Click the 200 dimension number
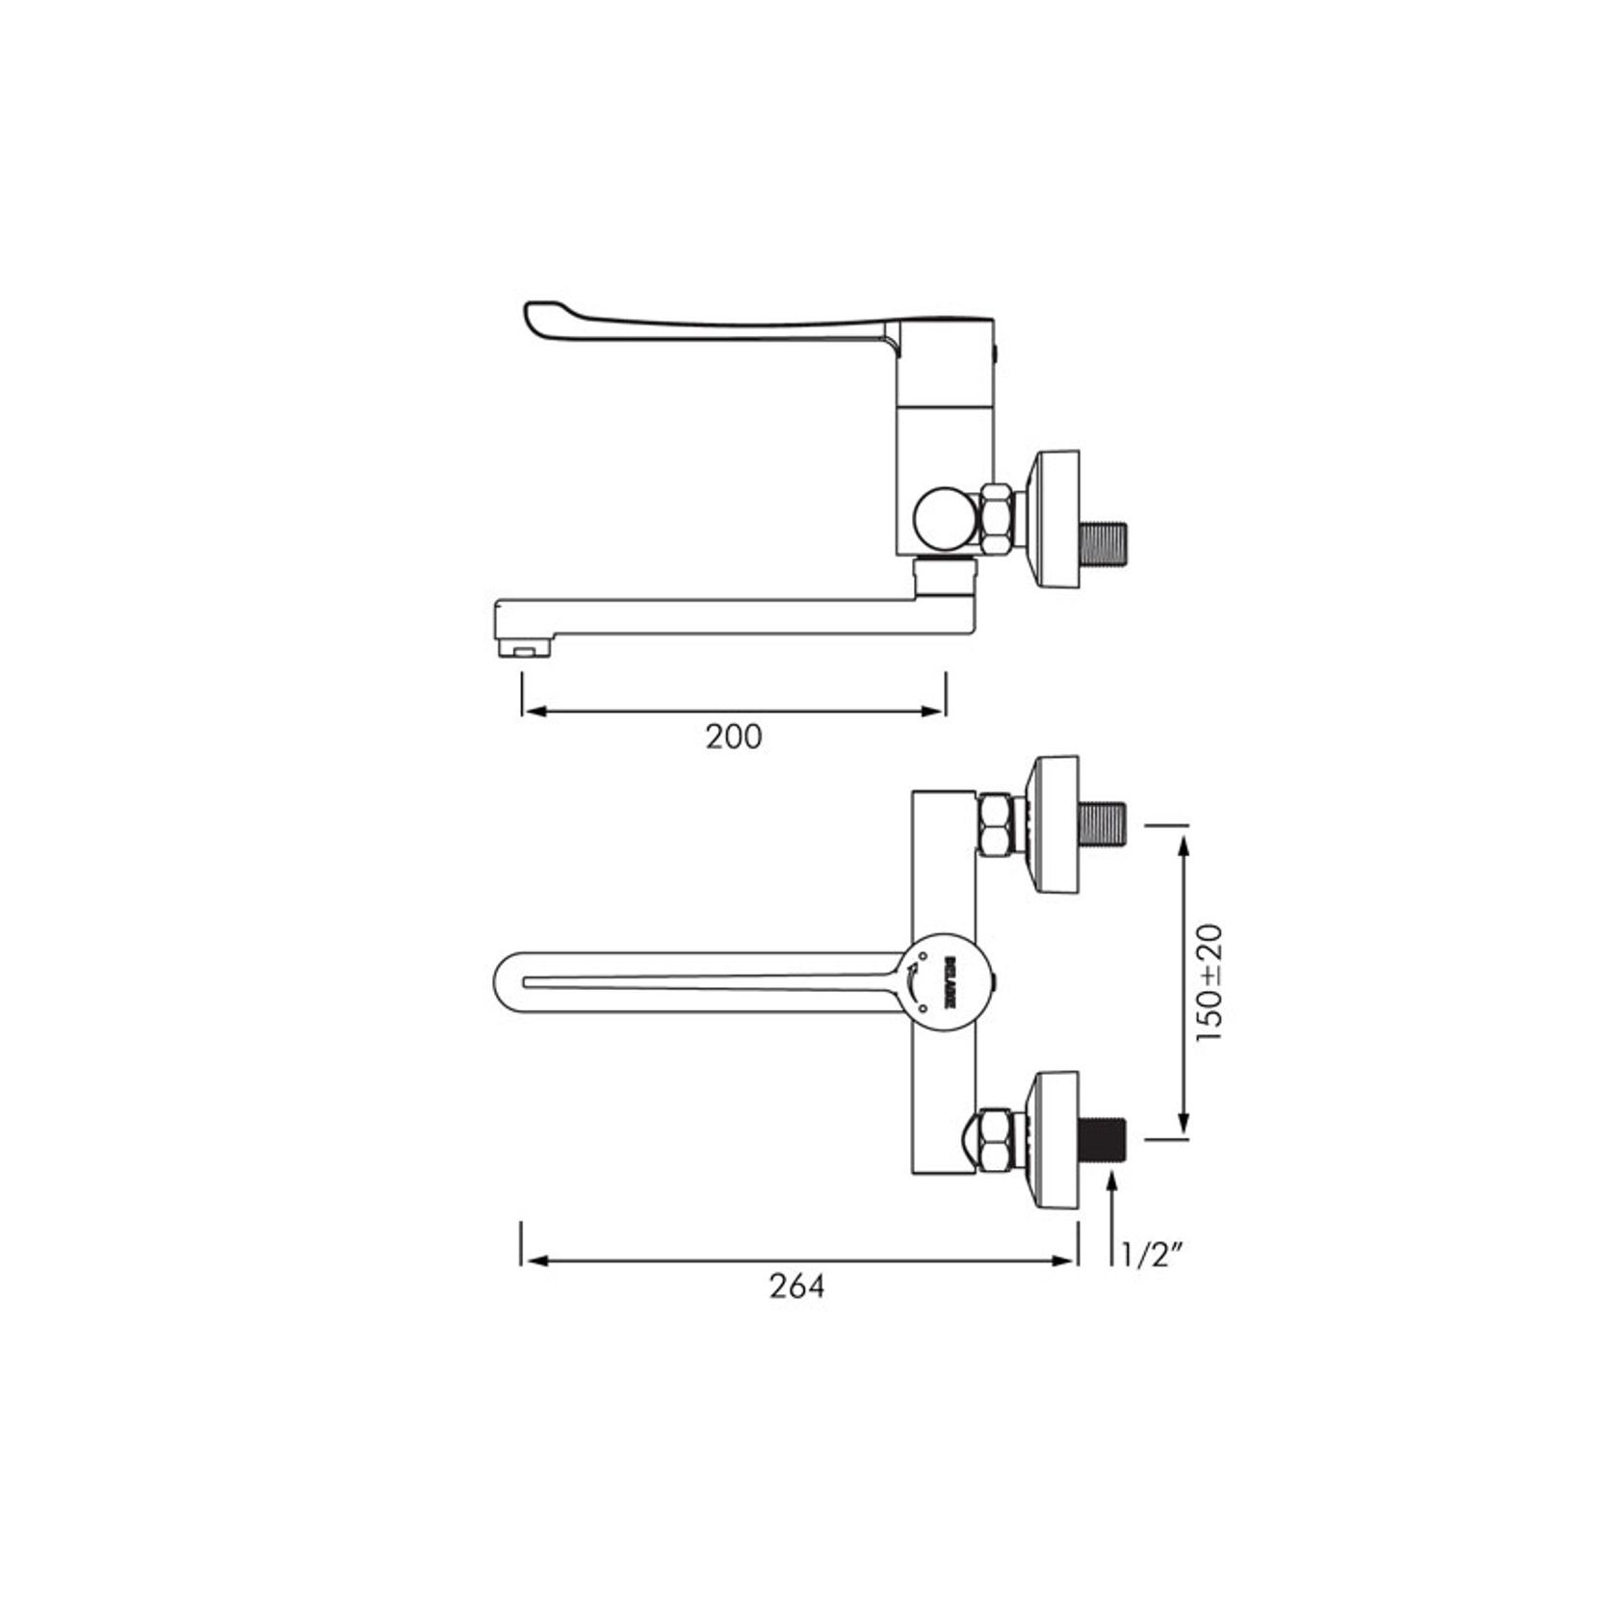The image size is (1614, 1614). [x=734, y=737]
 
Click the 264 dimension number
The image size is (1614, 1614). [x=797, y=1286]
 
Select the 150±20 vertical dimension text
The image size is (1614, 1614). [x=1210, y=982]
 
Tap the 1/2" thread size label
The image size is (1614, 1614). [x=1152, y=1255]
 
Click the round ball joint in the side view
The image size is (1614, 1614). [x=946, y=520]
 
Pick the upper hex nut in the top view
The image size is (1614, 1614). [x=1000, y=824]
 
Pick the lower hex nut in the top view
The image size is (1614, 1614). [x=1000, y=1142]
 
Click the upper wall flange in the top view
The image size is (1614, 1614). [x=1054, y=824]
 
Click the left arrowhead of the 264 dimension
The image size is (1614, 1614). [x=533, y=1260]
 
